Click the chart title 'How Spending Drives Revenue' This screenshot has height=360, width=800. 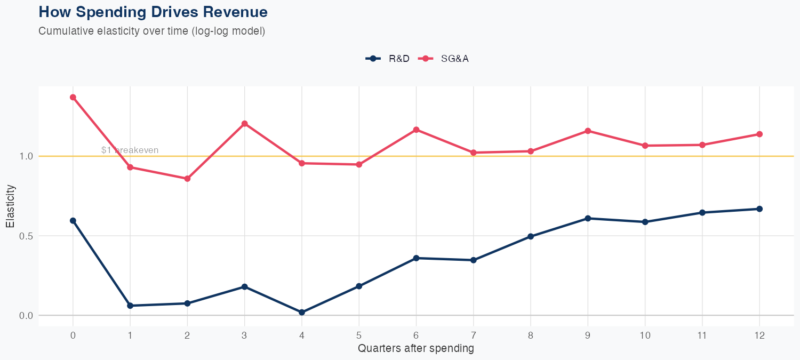[153, 12]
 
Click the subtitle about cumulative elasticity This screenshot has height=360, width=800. [151, 31]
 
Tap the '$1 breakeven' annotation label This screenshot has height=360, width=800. [130, 150]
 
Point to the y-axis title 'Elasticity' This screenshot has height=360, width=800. [10, 206]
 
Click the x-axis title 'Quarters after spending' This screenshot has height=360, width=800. [415, 349]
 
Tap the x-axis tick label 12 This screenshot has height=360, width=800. [759, 335]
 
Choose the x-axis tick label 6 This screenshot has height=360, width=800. [416, 335]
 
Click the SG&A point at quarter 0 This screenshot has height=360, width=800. [73, 97]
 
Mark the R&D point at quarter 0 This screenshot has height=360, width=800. [73, 220]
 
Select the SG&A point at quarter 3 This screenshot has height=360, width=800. [245, 124]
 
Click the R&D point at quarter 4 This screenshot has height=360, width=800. [302, 312]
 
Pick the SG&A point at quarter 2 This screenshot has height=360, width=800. [187, 179]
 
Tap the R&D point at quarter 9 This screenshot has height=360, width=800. [588, 218]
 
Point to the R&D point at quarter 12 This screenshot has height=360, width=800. [759, 209]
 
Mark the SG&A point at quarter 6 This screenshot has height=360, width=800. [416, 130]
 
